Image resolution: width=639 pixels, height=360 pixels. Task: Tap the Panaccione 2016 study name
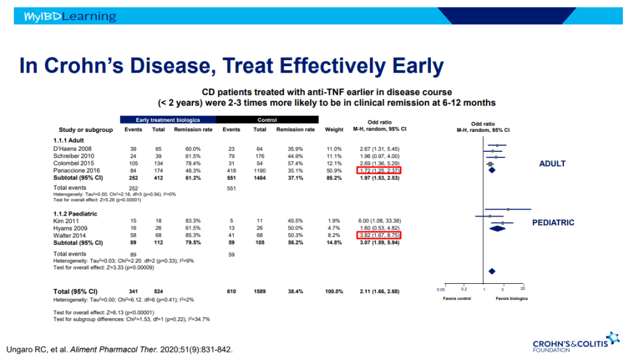[x=77, y=170]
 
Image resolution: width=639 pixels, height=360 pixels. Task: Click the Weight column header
[x=334, y=130]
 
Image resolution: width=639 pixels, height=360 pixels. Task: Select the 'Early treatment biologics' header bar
[x=167, y=119]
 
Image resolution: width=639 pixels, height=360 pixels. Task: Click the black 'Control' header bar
[x=267, y=119]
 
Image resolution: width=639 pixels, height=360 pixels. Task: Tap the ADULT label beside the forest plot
[x=552, y=164]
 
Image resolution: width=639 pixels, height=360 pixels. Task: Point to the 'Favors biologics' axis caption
[x=512, y=299]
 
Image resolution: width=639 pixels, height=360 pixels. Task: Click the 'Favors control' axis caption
[x=456, y=299]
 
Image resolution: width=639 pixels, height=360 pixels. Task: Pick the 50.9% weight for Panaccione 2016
[x=334, y=170]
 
